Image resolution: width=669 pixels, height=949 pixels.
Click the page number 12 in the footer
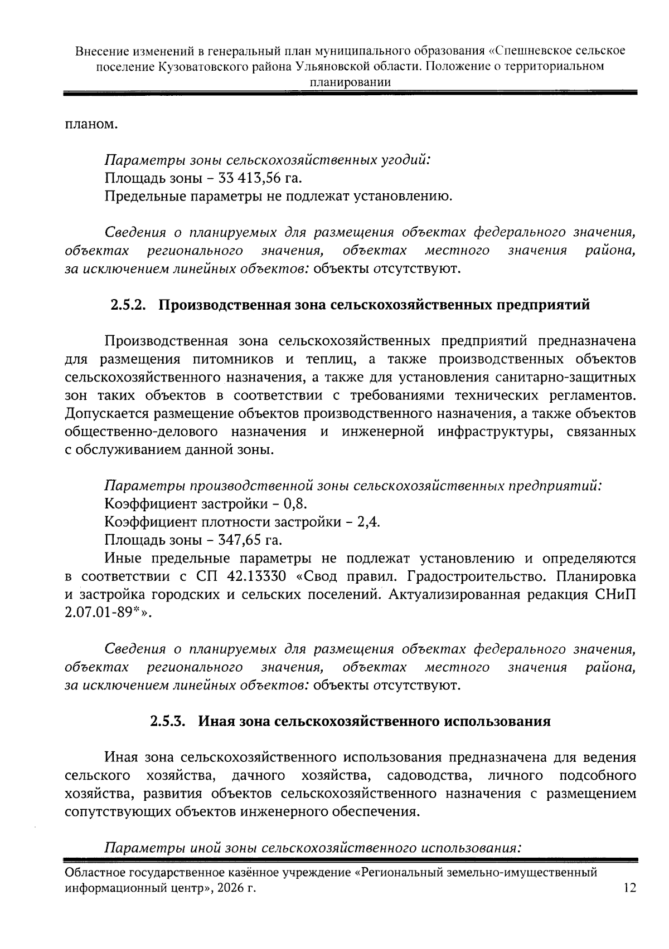629,888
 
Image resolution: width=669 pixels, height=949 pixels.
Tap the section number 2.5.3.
168,721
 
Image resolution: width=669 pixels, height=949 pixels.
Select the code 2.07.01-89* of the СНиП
105,613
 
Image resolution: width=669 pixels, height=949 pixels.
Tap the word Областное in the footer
97,872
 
